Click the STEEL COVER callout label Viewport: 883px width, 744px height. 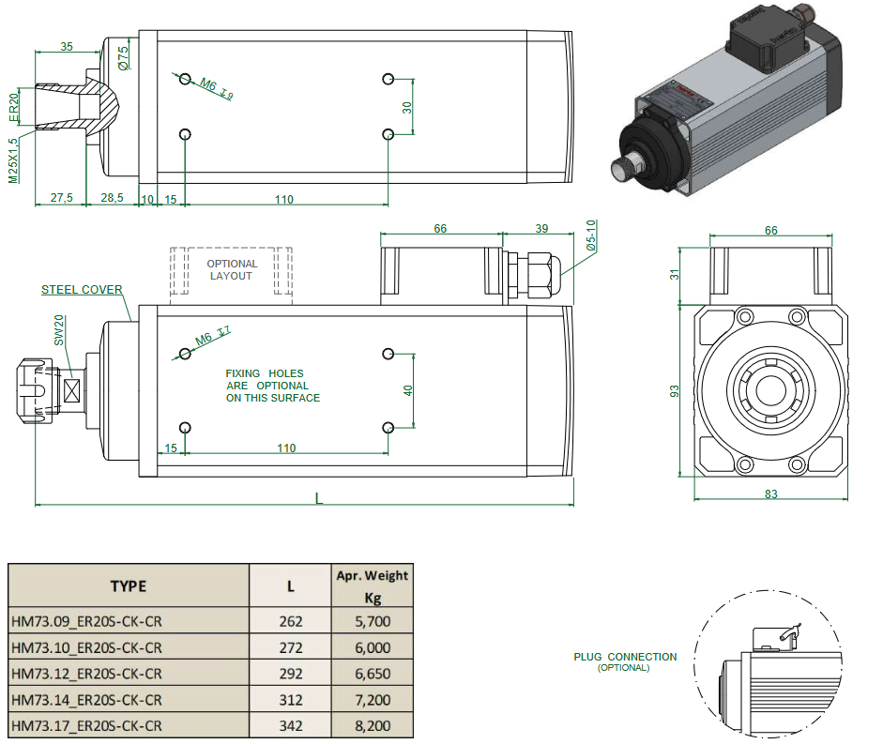coord(82,290)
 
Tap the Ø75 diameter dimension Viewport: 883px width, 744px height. coord(123,59)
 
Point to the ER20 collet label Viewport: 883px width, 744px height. coord(14,107)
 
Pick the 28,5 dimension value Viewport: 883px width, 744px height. coord(112,199)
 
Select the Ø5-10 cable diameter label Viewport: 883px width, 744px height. coord(590,235)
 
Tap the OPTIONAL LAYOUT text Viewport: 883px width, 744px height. coord(231,270)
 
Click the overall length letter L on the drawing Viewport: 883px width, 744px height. coord(319,499)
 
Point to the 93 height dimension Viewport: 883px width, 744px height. coord(673,392)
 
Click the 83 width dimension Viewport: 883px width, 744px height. coord(770,494)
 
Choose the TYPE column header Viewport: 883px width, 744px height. coord(129,586)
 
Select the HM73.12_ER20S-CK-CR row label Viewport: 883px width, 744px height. coord(87,674)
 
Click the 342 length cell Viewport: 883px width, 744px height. coord(290,726)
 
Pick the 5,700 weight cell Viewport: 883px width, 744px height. coord(372,621)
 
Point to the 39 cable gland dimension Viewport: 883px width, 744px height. coord(540,229)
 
